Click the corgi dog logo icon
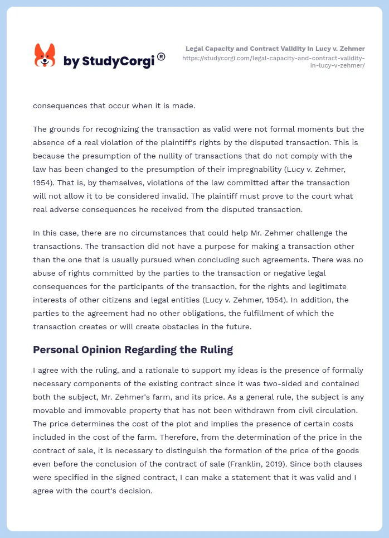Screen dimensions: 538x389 tap(45, 56)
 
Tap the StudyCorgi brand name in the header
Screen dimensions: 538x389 tap(109, 61)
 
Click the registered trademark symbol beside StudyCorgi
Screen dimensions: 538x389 tap(161, 56)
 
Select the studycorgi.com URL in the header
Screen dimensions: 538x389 tap(273, 61)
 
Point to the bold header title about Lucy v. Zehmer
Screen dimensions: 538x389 tap(275, 49)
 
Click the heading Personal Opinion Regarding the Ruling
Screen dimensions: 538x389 tap(133, 350)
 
